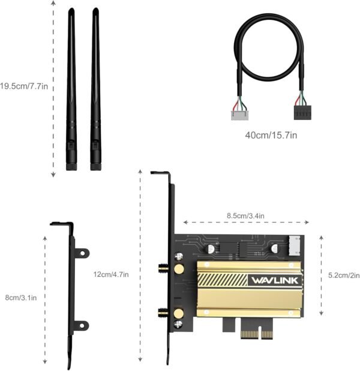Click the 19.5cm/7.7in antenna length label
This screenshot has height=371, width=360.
pyautogui.click(x=23, y=86)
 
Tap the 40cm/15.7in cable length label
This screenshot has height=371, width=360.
pyautogui.click(x=271, y=135)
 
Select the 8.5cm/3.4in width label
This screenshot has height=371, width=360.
pyautogui.click(x=245, y=216)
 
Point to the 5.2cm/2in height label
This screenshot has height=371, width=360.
pyautogui.click(x=344, y=275)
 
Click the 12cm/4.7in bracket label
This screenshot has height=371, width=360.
pyautogui.click(x=111, y=275)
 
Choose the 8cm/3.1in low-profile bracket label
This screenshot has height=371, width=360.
pyautogui.click(x=21, y=297)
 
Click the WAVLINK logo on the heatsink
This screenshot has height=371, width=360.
pyautogui.click(x=275, y=280)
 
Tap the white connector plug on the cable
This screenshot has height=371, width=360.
pyautogui.click(x=240, y=115)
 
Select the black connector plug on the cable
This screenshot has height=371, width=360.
pyautogui.click(x=302, y=113)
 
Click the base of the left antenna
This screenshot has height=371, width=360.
pyautogui.click(x=71, y=167)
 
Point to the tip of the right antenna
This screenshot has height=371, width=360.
pyautogui.click(x=95, y=10)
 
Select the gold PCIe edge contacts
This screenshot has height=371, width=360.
pyautogui.click(x=257, y=334)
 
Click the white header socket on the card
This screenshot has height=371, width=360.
pyautogui.click(x=295, y=246)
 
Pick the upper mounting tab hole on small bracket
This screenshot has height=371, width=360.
pyautogui.click(x=82, y=253)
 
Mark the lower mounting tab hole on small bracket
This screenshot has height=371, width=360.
pyautogui.click(x=82, y=325)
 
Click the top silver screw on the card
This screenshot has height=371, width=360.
pyautogui.click(x=179, y=257)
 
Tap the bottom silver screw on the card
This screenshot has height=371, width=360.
pyautogui.click(x=178, y=324)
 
